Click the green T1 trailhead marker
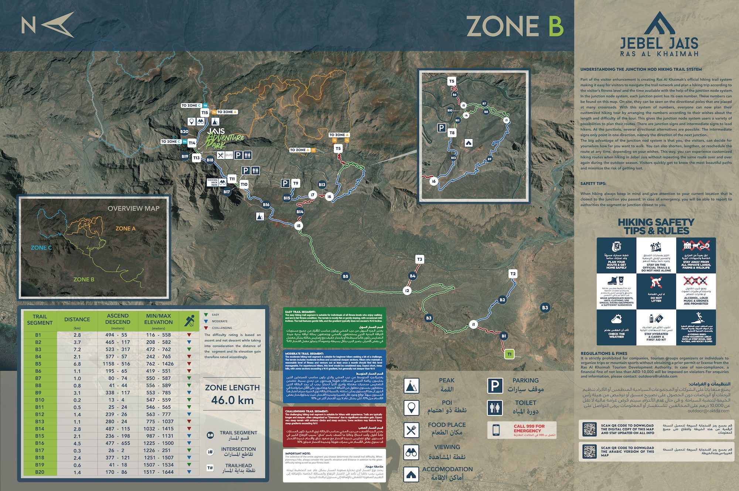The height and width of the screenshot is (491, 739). (509, 354)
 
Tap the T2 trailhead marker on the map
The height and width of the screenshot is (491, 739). (512, 274)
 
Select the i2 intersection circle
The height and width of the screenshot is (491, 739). (407, 291)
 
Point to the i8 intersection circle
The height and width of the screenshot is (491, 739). (299, 226)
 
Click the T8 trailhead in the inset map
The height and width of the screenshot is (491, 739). (452, 133)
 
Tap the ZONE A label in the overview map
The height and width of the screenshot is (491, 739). (125, 229)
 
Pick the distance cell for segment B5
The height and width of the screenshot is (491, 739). (77, 364)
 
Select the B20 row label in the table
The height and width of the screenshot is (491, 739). (40, 472)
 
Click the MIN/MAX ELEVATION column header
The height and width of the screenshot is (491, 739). (159, 319)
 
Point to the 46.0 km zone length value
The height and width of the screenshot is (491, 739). (232, 400)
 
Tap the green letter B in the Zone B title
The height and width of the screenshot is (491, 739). (555, 26)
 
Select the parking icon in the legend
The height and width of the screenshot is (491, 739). (495, 386)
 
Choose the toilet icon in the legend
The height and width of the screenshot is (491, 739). (495, 408)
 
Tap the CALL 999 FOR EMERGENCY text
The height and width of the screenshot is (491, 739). (529, 428)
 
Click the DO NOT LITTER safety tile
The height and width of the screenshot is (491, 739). (656, 291)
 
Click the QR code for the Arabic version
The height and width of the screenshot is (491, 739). (589, 451)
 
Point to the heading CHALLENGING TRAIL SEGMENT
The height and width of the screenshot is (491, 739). (307, 411)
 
